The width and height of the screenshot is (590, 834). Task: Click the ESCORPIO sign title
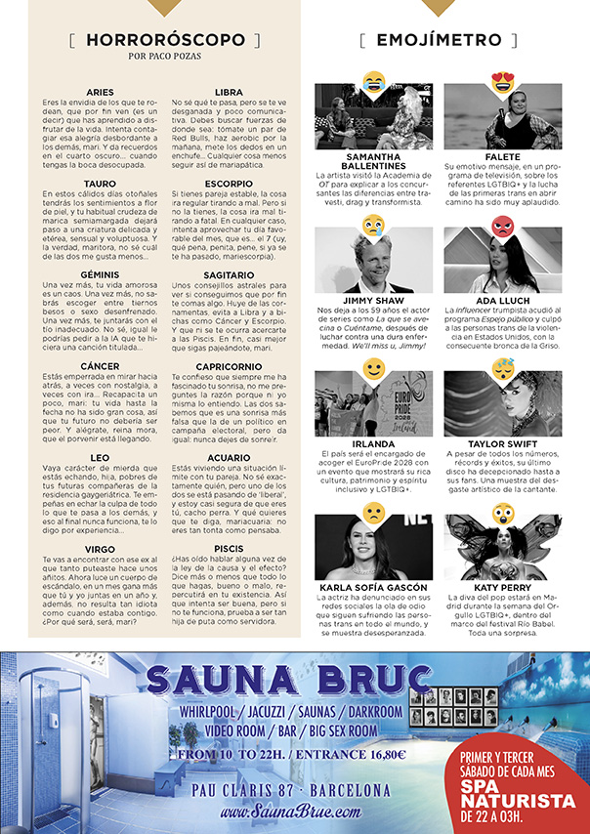[x=230, y=184]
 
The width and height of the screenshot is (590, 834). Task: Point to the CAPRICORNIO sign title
[x=230, y=365]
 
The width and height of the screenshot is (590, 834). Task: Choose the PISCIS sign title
[x=230, y=548]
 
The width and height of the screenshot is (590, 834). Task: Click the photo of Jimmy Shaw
[x=374, y=260]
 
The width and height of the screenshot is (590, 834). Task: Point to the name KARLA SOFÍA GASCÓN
[x=374, y=588]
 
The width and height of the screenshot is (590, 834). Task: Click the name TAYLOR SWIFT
[x=503, y=444]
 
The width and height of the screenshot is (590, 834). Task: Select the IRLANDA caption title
[x=374, y=444]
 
